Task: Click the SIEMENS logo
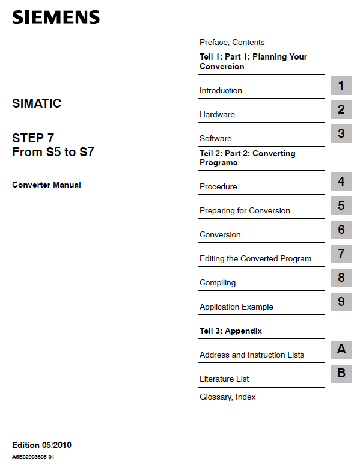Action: pyautogui.click(x=56, y=17)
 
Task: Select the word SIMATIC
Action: pyautogui.click(x=37, y=103)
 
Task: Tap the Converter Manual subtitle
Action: pyautogui.click(x=46, y=185)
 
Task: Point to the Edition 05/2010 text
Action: pyautogui.click(x=41, y=445)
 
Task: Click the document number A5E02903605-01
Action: pyautogui.click(x=34, y=457)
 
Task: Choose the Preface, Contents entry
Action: pyautogui.click(x=232, y=42)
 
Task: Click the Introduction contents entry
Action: pyautogui.click(x=221, y=90)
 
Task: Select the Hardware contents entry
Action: pyautogui.click(x=217, y=114)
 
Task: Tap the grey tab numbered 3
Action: pyautogui.click(x=341, y=133)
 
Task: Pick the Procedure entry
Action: pyautogui.click(x=218, y=186)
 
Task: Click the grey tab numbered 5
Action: pyautogui.click(x=341, y=206)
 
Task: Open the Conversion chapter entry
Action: pyautogui.click(x=220, y=234)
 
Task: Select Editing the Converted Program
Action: pyautogui.click(x=255, y=258)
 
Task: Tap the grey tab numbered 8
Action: pyautogui.click(x=341, y=278)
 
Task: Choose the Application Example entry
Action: pyautogui.click(x=236, y=307)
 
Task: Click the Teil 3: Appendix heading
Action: pyautogui.click(x=231, y=331)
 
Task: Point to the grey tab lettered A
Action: pyautogui.click(x=341, y=349)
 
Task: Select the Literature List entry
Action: pyautogui.click(x=224, y=379)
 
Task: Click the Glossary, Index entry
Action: pyautogui.click(x=228, y=397)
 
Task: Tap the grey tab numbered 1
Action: pyautogui.click(x=341, y=85)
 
